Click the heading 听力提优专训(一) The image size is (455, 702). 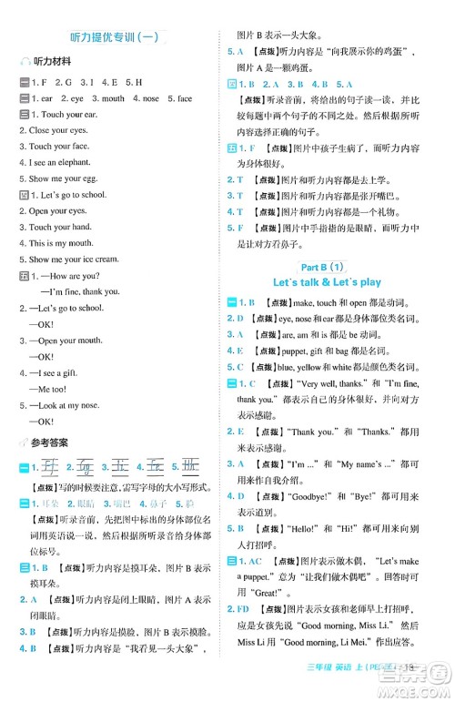point(115,36)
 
